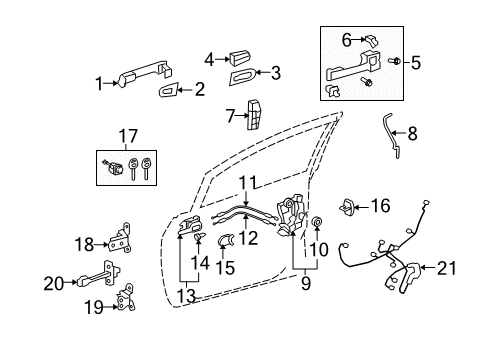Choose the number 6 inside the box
(348, 39)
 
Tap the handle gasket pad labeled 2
(170, 93)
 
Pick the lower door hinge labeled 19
(126, 300)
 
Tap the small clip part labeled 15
(227, 267)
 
